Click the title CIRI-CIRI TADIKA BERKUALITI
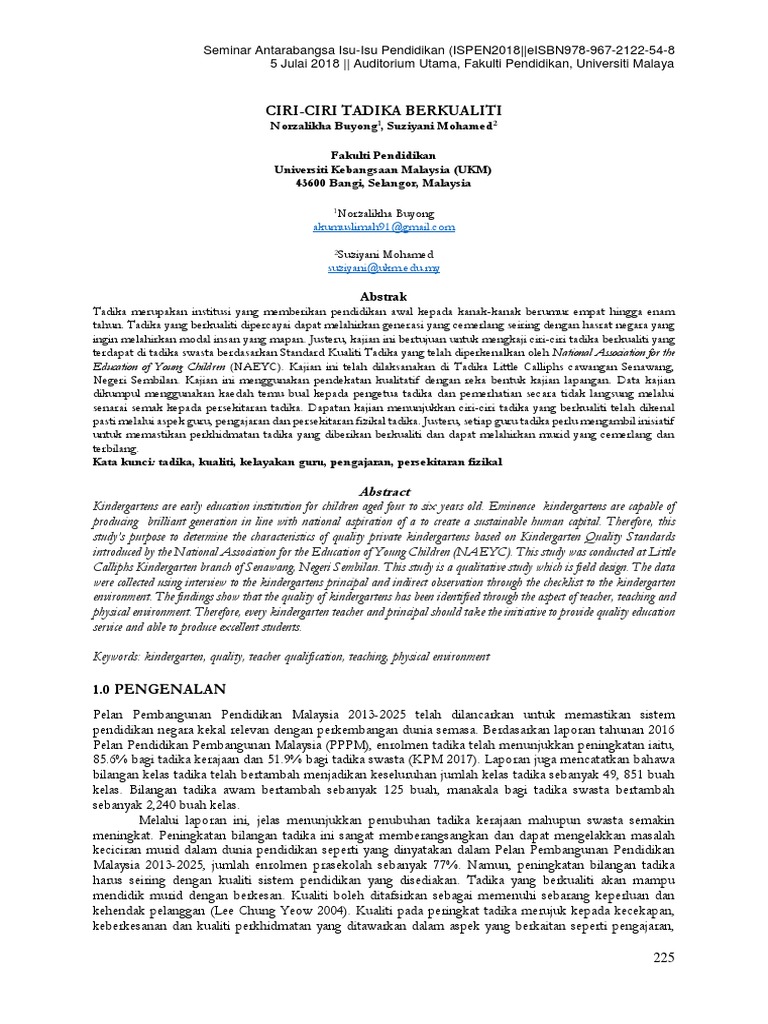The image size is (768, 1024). tap(383, 108)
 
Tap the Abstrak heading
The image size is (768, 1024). tap(384, 298)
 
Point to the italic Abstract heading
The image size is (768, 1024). tap(384, 492)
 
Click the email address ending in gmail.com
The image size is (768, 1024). tap(384, 227)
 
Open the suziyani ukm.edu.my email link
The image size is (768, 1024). tap(384, 269)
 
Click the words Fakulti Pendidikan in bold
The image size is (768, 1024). tap(384, 157)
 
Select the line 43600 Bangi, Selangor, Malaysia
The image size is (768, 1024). tap(384, 185)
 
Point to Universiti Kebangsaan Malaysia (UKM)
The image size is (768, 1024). tap(384, 171)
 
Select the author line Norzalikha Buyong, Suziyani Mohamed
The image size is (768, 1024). tap(384, 127)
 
